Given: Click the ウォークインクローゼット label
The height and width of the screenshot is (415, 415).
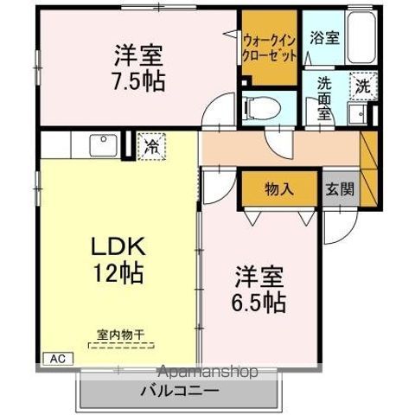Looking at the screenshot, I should (x=271, y=47).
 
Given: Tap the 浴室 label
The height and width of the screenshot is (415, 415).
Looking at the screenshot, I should (x=323, y=37).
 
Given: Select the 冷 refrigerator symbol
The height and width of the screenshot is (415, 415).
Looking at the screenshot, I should (x=152, y=146).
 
